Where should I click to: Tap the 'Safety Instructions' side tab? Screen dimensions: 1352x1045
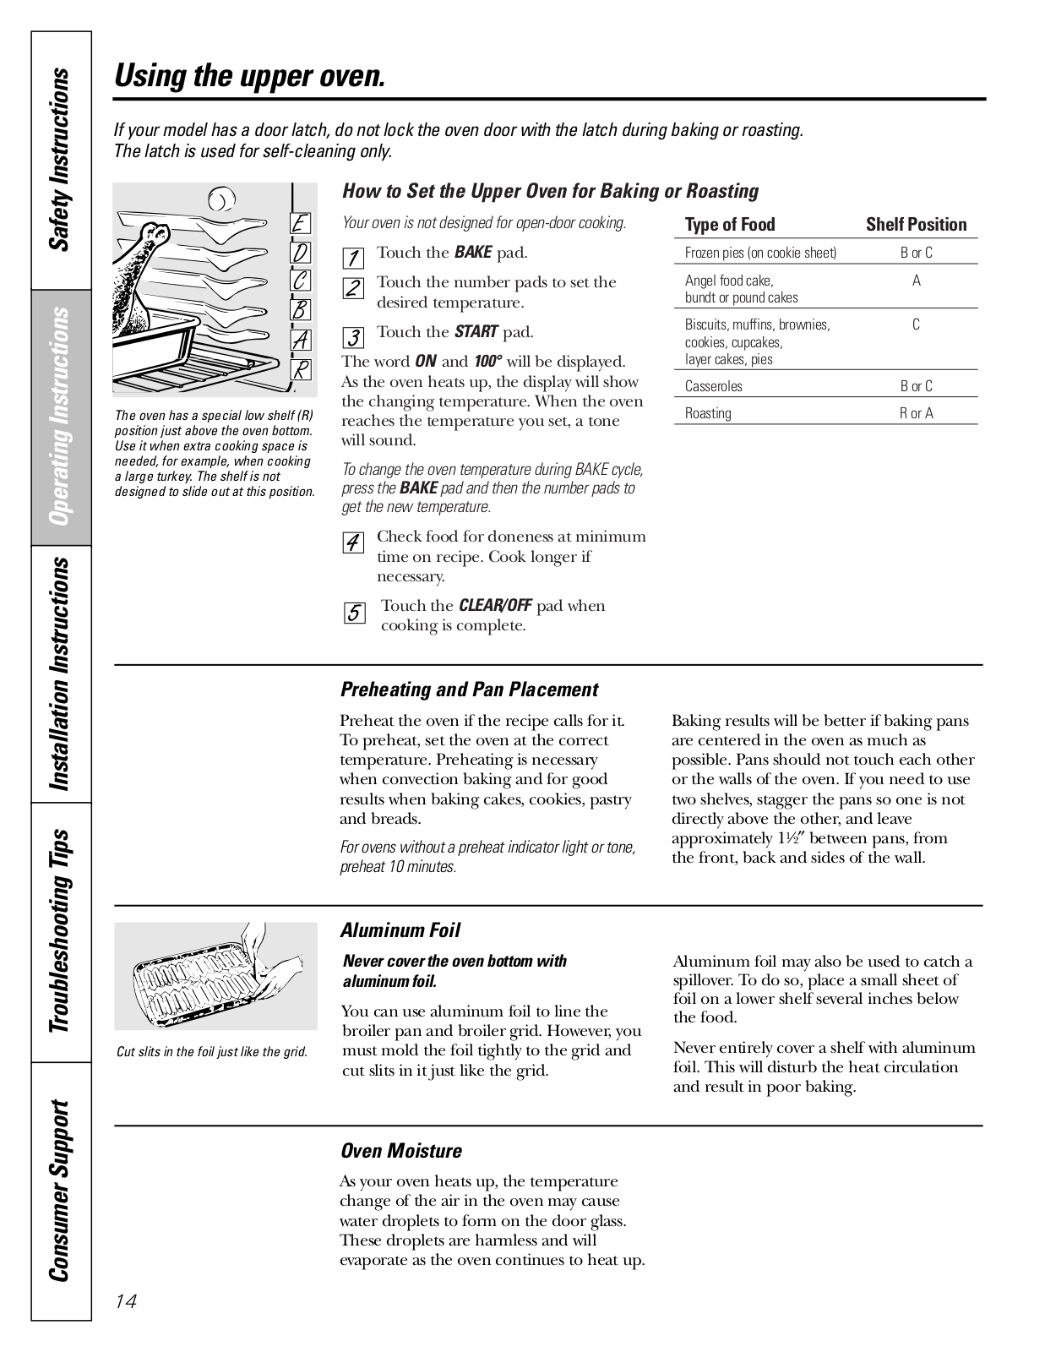pyautogui.click(x=60, y=161)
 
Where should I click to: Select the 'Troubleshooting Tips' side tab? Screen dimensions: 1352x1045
pyautogui.click(x=60, y=929)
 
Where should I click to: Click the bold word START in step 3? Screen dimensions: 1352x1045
pyautogui.click(x=476, y=332)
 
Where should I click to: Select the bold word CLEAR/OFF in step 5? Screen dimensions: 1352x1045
pyautogui.click(x=495, y=606)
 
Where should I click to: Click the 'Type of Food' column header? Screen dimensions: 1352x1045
pyautogui.click(x=730, y=225)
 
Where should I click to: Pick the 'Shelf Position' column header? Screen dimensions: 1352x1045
pyautogui.click(x=916, y=225)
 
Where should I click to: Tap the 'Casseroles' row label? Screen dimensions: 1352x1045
pyautogui.click(x=714, y=386)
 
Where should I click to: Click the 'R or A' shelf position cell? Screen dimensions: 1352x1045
pyautogui.click(x=916, y=413)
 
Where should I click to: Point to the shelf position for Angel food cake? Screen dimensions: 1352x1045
pyautogui.click(x=916, y=281)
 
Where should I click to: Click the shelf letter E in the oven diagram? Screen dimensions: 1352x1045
pyautogui.click(x=301, y=224)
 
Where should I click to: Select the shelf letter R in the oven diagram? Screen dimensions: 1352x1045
pyautogui.click(x=301, y=369)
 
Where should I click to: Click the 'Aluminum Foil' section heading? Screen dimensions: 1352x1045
pyautogui.click(x=400, y=930)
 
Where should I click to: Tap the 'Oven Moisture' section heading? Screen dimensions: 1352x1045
pyautogui.click(x=401, y=1151)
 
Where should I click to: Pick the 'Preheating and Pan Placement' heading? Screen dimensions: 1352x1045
pyautogui.click(x=469, y=690)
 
